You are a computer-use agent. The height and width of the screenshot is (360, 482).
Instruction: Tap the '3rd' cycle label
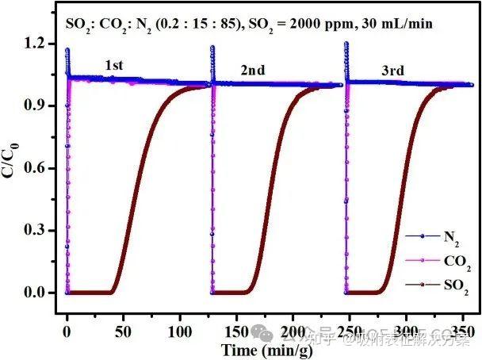pyautogui.click(x=372, y=70)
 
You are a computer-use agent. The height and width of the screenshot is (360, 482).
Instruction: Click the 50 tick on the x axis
pyautogui.click(x=124, y=329)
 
